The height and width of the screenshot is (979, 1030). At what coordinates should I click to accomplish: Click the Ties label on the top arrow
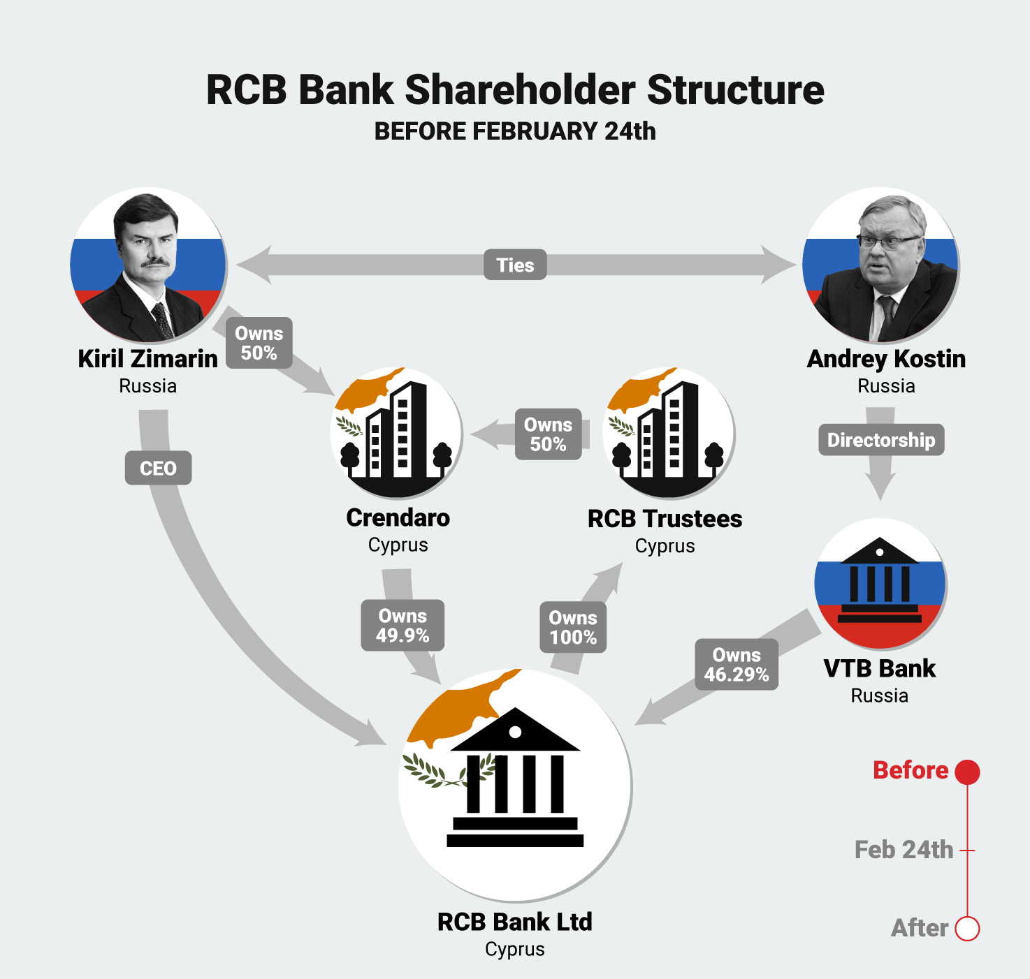(x=515, y=265)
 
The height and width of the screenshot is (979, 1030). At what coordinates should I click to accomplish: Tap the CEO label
(x=158, y=468)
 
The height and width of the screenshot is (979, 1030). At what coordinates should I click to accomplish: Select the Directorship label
(x=881, y=440)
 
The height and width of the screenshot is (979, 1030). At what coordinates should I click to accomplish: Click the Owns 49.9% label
(x=402, y=626)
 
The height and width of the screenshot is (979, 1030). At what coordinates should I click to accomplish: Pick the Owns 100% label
(x=573, y=628)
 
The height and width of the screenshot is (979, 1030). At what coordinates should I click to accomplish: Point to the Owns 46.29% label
(x=737, y=665)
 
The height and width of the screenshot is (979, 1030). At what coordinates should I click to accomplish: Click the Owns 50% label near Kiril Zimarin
(x=259, y=343)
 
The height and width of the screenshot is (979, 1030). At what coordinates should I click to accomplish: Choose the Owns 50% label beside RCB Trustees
(x=548, y=434)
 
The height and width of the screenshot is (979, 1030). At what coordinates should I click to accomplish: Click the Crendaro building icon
(x=396, y=433)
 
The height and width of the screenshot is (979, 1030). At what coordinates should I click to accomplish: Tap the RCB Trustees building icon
(x=668, y=433)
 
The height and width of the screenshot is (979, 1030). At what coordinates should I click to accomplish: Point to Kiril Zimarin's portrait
(x=148, y=265)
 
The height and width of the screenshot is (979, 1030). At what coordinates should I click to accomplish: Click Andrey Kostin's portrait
(x=880, y=265)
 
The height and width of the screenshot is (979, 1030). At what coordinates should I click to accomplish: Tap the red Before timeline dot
(x=968, y=772)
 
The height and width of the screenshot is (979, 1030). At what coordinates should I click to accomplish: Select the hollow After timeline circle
(x=968, y=929)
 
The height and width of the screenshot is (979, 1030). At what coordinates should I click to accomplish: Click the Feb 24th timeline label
(x=904, y=850)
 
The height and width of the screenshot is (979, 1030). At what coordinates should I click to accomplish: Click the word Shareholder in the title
(x=520, y=90)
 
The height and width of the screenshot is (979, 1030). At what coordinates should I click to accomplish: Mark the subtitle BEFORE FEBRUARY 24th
(x=515, y=131)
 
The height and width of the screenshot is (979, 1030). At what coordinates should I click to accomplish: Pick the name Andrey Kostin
(x=886, y=359)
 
